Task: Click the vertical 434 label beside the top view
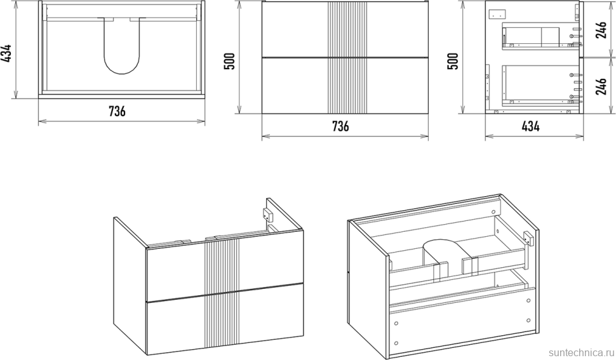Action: (x=7, y=53)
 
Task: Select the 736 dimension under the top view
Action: (x=117, y=112)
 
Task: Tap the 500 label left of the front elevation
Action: (x=229, y=61)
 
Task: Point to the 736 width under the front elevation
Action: (x=340, y=126)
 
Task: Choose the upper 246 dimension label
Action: (x=601, y=29)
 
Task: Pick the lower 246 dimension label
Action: (x=601, y=86)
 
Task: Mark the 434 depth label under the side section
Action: (x=531, y=126)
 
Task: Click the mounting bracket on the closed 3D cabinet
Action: (x=267, y=215)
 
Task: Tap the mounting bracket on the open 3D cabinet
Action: (x=528, y=239)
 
